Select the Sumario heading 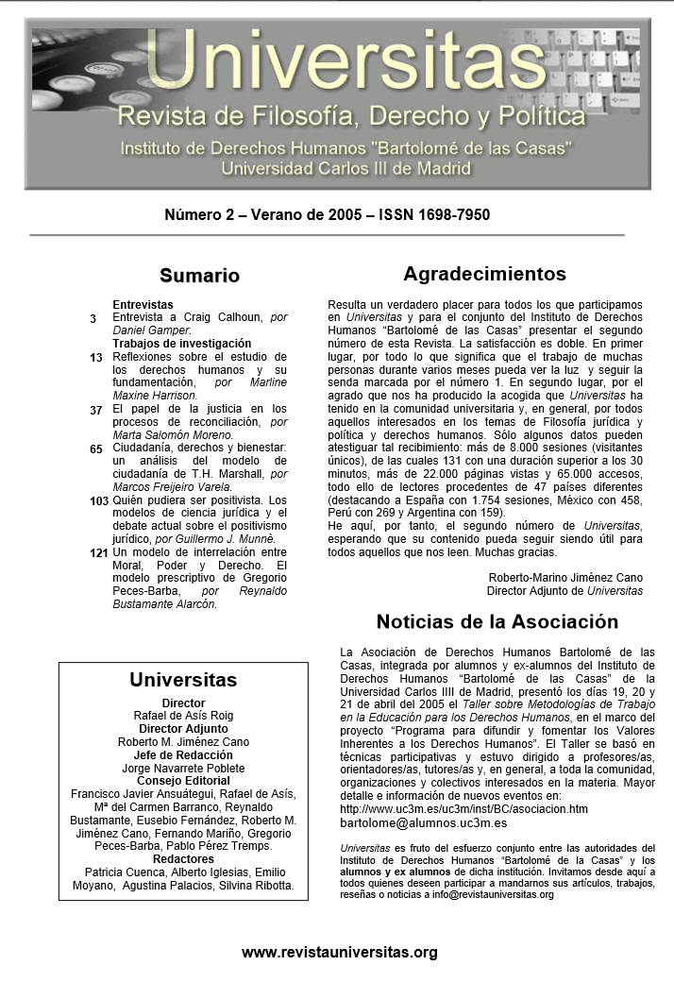(199, 276)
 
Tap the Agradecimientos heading (484, 275)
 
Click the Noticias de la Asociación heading (497, 622)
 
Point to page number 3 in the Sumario (93, 319)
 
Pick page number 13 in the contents (96, 358)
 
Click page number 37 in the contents (96, 410)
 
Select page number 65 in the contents (96, 449)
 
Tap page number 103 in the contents (99, 500)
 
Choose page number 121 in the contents (99, 552)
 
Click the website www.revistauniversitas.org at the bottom (340, 952)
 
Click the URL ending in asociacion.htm (463, 809)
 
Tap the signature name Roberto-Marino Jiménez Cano (565, 578)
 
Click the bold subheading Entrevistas (143, 305)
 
